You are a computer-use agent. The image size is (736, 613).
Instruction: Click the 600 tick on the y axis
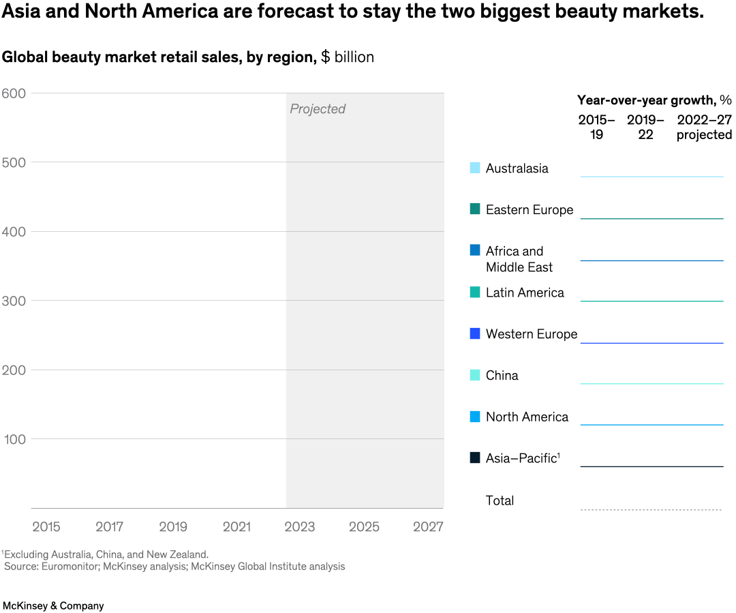click(14, 93)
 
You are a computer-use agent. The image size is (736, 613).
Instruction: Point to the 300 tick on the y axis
click(14, 301)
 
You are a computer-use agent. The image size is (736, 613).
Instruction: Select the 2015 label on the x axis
click(46, 527)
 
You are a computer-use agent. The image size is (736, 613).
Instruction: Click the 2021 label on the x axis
click(236, 527)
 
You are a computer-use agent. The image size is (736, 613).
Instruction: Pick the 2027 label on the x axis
click(428, 527)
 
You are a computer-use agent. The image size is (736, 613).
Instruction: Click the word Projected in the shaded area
click(318, 109)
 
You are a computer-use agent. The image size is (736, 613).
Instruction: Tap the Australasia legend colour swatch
click(475, 168)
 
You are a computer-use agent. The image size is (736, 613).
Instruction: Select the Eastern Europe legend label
click(530, 210)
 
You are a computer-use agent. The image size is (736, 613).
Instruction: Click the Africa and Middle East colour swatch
click(475, 250)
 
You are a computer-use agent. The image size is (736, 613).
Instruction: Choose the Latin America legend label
click(525, 293)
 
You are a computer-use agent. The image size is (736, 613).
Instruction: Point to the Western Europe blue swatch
click(475, 333)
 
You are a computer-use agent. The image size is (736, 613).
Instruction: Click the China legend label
click(502, 376)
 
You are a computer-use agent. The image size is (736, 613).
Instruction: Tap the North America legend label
click(527, 417)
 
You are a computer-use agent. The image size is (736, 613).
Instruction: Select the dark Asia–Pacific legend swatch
click(475, 458)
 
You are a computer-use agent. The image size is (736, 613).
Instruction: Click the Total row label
click(500, 500)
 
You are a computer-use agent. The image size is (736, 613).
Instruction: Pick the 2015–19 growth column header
click(596, 128)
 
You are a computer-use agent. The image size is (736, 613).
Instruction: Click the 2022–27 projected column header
click(704, 128)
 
